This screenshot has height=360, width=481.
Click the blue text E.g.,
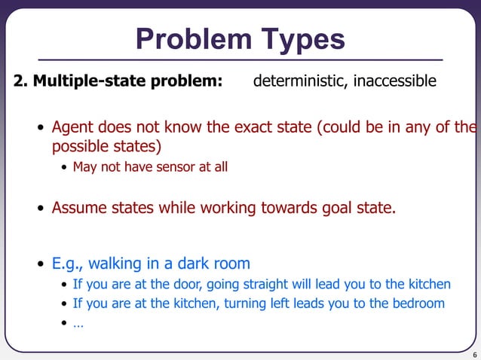[x=68, y=264]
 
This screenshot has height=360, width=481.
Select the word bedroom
[x=418, y=304]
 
